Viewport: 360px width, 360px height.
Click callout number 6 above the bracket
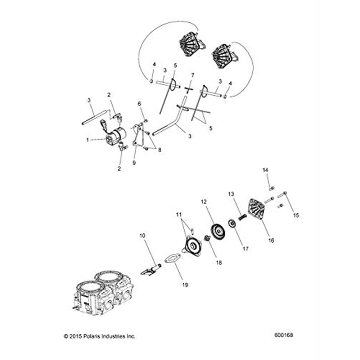[x=140, y=104]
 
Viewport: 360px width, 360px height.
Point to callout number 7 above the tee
[x=193, y=75]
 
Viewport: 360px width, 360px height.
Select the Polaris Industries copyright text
[x=100, y=336]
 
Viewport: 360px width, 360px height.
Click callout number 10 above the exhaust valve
[x=142, y=235]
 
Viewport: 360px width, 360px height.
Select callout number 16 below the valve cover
[x=271, y=240]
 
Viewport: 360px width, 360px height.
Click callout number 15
[x=296, y=215]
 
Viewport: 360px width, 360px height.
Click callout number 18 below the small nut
[x=219, y=263]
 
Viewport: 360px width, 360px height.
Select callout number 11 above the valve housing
[x=179, y=215]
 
